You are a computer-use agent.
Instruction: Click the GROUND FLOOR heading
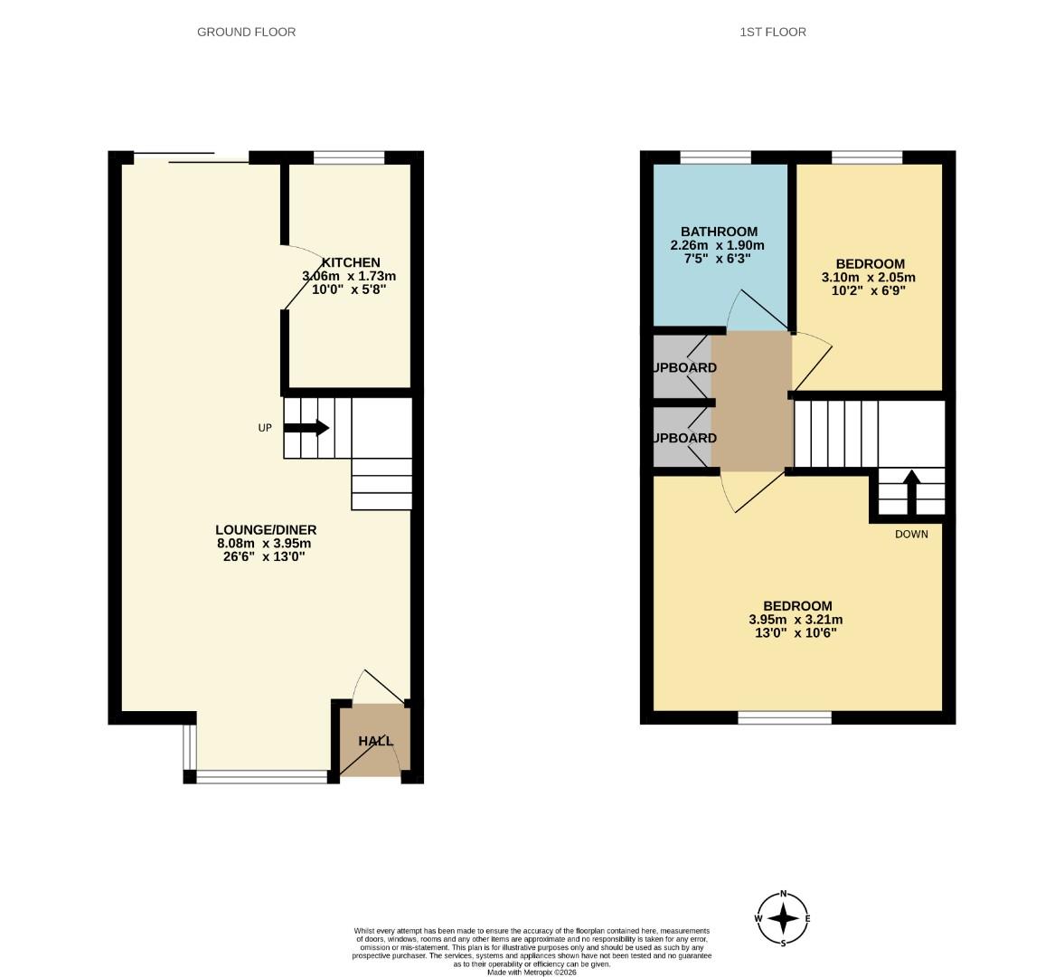[x=246, y=32]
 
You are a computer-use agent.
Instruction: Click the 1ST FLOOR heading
[x=772, y=32]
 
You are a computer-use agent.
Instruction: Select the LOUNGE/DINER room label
[x=266, y=529]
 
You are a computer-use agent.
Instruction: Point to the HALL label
[x=375, y=741]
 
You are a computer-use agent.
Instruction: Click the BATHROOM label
[x=719, y=232]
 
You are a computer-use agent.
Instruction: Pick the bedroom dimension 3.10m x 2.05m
[x=862, y=278]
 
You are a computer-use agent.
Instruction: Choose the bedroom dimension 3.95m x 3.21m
[x=796, y=620]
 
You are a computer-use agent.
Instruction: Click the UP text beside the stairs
[x=265, y=428]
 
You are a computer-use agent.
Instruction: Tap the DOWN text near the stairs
[x=911, y=534]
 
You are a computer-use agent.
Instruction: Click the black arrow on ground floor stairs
[x=307, y=428]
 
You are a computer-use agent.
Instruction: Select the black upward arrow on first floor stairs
[x=911, y=490]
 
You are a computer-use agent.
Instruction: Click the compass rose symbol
[x=783, y=918]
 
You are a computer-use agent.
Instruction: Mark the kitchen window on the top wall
[x=349, y=157]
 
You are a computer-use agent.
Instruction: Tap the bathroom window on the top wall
[x=715, y=157]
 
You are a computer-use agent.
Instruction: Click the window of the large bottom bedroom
[x=785, y=717]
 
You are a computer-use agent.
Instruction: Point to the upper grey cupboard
[x=680, y=366]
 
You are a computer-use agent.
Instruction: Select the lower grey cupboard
[x=680, y=437]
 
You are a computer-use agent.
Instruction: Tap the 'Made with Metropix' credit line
[x=532, y=972]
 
